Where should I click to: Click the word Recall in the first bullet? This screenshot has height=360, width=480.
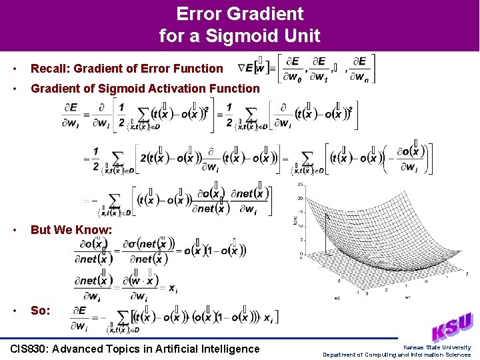tap(48, 68)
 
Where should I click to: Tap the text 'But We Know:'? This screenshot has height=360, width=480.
tap(71, 229)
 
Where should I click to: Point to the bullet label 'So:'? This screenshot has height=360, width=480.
tap(40, 311)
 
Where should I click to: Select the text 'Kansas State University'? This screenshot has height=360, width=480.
tap(437, 347)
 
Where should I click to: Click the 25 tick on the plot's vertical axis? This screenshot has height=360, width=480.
tap(301, 184)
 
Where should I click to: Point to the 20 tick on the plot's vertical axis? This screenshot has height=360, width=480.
tap(301, 198)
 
